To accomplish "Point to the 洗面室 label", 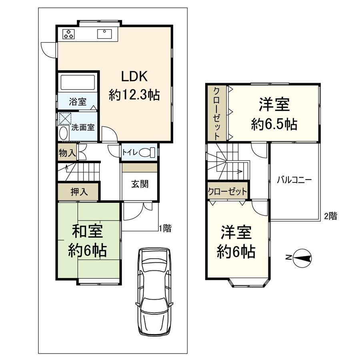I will tap(83, 128).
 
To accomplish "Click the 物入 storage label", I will tap(66, 153).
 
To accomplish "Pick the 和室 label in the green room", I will tap(87, 231).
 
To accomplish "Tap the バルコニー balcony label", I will tap(294, 180).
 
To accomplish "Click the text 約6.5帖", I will tap(274, 124).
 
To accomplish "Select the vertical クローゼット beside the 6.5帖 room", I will tap(216, 113).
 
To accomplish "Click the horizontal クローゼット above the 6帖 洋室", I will tap(227, 192).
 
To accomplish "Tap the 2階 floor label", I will tap(330, 216).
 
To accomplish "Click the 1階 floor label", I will tap(165, 228).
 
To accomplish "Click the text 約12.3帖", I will tap(134, 95).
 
